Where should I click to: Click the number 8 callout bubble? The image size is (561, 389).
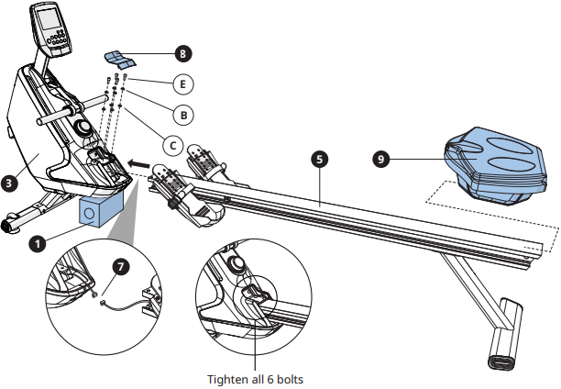click(185, 54)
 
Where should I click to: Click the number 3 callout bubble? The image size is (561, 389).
click(9, 183)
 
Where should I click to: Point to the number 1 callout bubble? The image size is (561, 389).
click(38, 243)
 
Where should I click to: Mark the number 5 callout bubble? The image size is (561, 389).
click(318, 158)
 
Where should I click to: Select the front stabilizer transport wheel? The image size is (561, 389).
click(12, 223)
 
